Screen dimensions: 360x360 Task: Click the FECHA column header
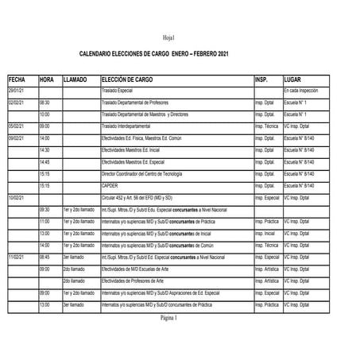(17, 80)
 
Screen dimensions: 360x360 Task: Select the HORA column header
(47, 80)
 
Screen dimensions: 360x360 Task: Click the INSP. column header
(262, 80)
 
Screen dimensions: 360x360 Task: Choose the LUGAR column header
(292, 80)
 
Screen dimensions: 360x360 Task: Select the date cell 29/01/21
(17, 91)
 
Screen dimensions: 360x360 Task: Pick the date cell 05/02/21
(17, 126)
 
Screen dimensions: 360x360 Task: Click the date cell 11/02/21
(17, 257)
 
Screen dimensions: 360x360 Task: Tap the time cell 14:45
(45, 162)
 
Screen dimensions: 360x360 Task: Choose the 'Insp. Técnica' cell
(266, 126)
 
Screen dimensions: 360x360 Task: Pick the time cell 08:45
(45, 257)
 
